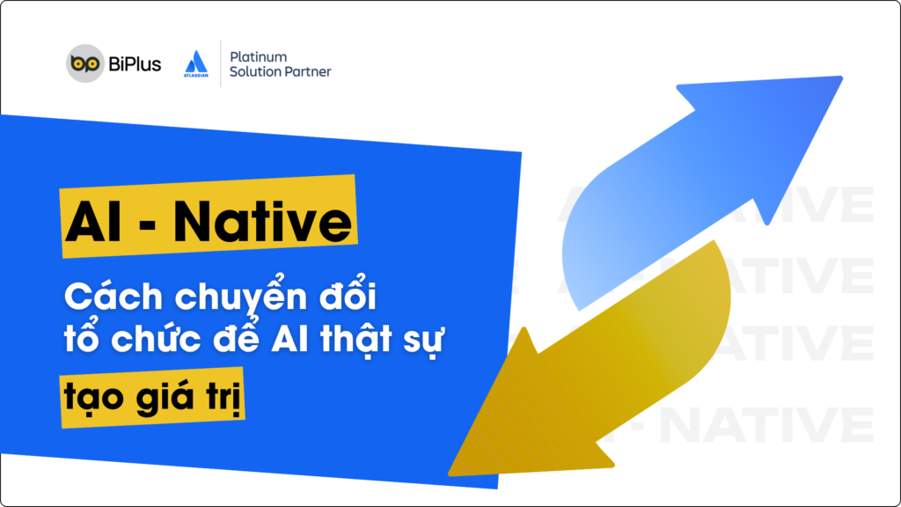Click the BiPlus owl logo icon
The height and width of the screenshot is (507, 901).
coord(84,64)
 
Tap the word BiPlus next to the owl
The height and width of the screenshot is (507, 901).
coord(135,64)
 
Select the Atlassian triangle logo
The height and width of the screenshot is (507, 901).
coord(195,62)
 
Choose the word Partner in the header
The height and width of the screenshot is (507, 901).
coord(309,72)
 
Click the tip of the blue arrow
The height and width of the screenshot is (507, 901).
coord(839,79)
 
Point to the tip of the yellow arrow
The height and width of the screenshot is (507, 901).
coord(450,473)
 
